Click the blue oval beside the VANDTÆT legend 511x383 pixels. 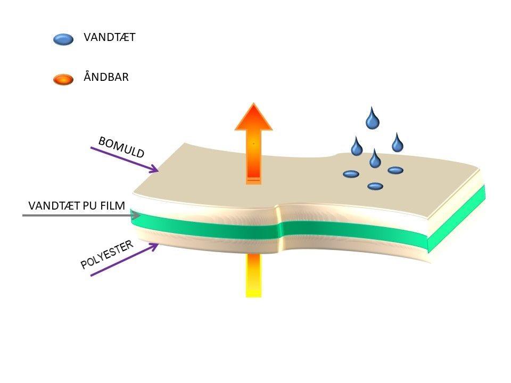(63, 39)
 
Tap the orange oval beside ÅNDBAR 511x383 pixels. (63, 80)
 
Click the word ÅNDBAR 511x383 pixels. (106, 77)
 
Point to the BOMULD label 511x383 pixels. (121, 147)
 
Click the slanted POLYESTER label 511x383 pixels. (106, 255)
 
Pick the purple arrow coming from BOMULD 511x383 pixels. (125, 159)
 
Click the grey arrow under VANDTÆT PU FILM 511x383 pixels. (80, 215)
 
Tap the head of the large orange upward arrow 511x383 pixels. (254, 118)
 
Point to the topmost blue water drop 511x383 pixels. (373, 119)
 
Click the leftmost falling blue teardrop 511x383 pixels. (356, 146)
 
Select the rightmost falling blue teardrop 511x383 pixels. (397, 143)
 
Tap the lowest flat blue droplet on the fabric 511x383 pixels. (375, 186)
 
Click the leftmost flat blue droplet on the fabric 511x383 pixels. (351, 174)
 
